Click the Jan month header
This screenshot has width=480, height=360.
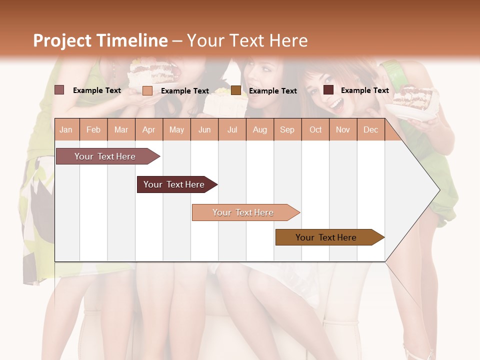[66, 129]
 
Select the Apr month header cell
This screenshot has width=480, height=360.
[148, 129]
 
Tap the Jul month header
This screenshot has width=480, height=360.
[232, 129]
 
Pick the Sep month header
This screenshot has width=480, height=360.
[287, 129]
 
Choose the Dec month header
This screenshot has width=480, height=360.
[370, 129]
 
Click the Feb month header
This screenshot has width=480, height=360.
[93, 129]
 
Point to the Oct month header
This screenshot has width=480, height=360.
[315, 129]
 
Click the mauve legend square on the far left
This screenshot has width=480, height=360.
[59, 90]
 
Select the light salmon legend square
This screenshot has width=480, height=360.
[147, 90]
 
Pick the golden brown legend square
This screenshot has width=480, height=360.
[236, 90]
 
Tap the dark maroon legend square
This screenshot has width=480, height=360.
[328, 90]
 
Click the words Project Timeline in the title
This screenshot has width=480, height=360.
[100, 40]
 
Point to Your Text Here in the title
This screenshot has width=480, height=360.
[247, 40]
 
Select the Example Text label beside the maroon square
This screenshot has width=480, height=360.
[364, 90]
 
